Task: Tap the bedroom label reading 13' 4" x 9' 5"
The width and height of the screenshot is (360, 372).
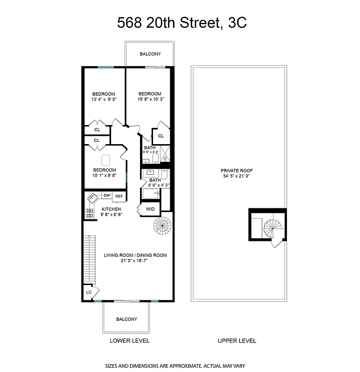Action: (x=103, y=96)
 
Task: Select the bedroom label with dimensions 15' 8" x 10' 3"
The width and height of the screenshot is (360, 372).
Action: (x=150, y=96)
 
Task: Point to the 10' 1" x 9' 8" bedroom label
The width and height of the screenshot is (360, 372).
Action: (x=104, y=173)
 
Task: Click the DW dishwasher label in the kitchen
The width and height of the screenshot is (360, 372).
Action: (x=107, y=196)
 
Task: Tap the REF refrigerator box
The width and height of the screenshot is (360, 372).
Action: (x=119, y=196)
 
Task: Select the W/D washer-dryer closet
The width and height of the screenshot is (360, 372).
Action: (x=150, y=209)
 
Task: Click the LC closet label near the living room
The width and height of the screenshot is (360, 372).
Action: (x=88, y=292)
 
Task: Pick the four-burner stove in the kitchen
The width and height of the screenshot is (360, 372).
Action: (x=89, y=213)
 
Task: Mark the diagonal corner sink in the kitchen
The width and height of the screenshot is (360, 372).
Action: (x=92, y=198)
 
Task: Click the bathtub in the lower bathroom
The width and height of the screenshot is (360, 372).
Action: (x=151, y=193)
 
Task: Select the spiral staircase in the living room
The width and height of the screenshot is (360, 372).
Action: (x=163, y=226)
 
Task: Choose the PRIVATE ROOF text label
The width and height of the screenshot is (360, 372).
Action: (x=236, y=173)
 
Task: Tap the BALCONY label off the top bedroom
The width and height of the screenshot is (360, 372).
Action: (x=150, y=54)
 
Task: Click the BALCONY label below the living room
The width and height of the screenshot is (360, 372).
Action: (x=127, y=319)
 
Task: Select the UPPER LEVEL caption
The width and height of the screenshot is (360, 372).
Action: (x=237, y=341)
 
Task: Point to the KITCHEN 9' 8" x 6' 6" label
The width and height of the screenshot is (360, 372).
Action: (x=111, y=212)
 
